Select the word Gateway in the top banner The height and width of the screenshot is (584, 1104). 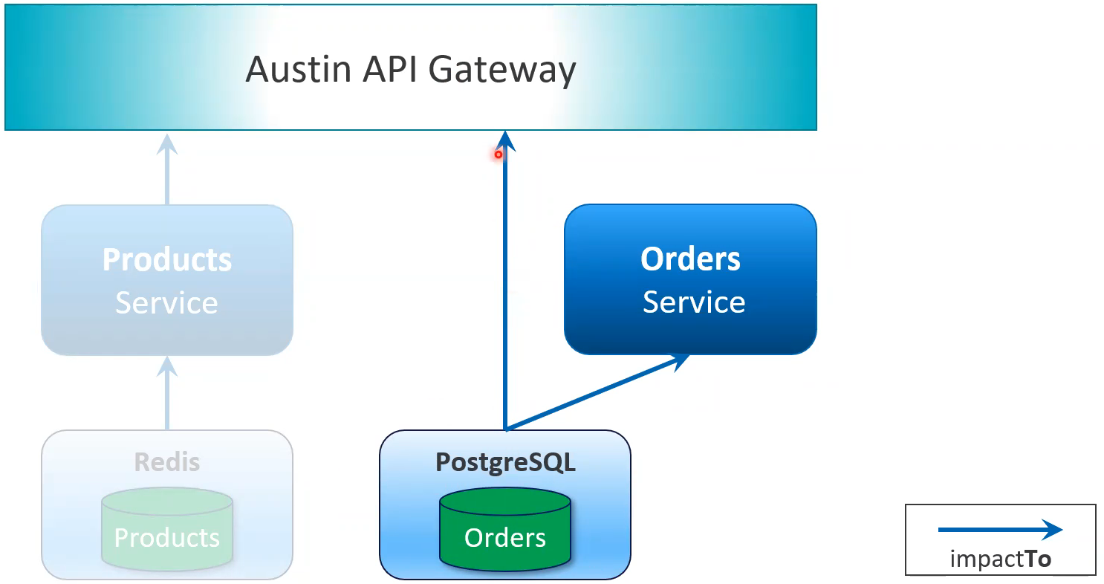click(502, 71)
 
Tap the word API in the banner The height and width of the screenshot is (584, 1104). click(391, 71)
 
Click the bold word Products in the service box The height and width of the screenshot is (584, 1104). click(167, 260)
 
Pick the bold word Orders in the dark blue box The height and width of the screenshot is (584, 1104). click(690, 259)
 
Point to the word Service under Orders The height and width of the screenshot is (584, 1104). click(694, 302)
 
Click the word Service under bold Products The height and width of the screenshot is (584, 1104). click(167, 303)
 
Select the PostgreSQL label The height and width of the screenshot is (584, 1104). click(505, 462)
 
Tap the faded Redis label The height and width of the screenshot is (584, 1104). click(167, 462)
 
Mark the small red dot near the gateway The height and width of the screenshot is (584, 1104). click(499, 155)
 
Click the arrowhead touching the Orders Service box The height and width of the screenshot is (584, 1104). click(680, 360)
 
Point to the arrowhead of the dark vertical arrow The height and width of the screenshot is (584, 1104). click(505, 140)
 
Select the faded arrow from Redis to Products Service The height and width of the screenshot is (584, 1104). click(167, 394)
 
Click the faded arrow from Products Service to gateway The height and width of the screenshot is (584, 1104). click(167, 171)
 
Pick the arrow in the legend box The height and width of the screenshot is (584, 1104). click(1000, 530)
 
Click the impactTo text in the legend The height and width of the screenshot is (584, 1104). click(1000, 559)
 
